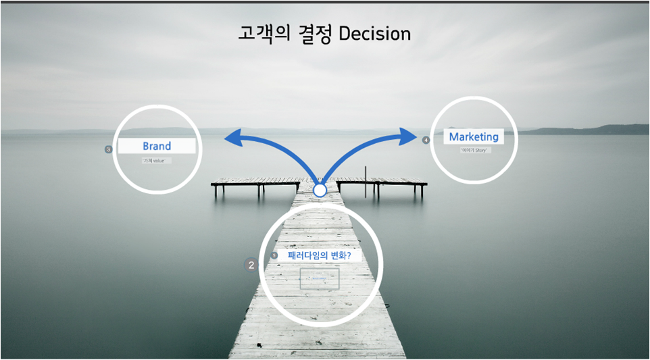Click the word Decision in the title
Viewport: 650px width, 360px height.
[x=374, y=33]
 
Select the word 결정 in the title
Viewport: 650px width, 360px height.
[x=314, y=33]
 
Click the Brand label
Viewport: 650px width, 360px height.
[x=157, y=146]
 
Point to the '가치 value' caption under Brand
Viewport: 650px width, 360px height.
[x=156, y=161]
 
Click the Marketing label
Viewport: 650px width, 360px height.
[x=474, y=136]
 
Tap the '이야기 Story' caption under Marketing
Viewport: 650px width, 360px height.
[x=474, y=150]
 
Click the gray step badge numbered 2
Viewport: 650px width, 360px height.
[x=251, y=265]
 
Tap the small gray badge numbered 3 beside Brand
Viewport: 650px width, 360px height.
[x=108, y=149]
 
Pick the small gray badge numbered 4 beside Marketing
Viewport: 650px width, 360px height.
[x=426, y=140]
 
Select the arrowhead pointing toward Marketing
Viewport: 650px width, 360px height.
[x=409, y=136]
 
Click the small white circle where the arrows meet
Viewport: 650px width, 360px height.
[x=320, y=190]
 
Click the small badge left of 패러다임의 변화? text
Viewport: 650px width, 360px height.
[x=274, y=255]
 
